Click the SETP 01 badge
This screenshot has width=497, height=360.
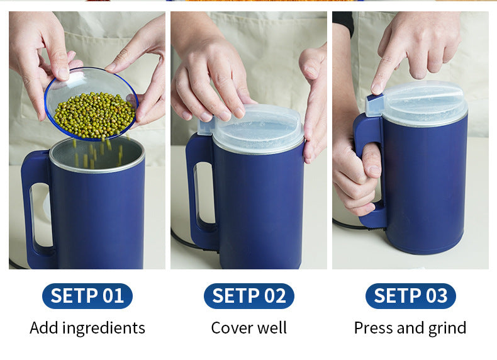tap(87, 296)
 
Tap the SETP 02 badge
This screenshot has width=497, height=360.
tap(248, 296)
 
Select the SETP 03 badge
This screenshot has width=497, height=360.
tap(410, 296)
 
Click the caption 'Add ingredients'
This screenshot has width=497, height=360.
tap(87, 328)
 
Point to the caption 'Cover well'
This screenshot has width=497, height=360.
tap(248, 328)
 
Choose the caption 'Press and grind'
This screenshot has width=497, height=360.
tap(410, 328)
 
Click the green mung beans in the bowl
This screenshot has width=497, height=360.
tap(94, 115)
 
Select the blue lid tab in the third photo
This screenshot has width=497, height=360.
tap(374, 104)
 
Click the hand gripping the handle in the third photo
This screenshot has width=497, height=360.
tap(355, 176)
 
